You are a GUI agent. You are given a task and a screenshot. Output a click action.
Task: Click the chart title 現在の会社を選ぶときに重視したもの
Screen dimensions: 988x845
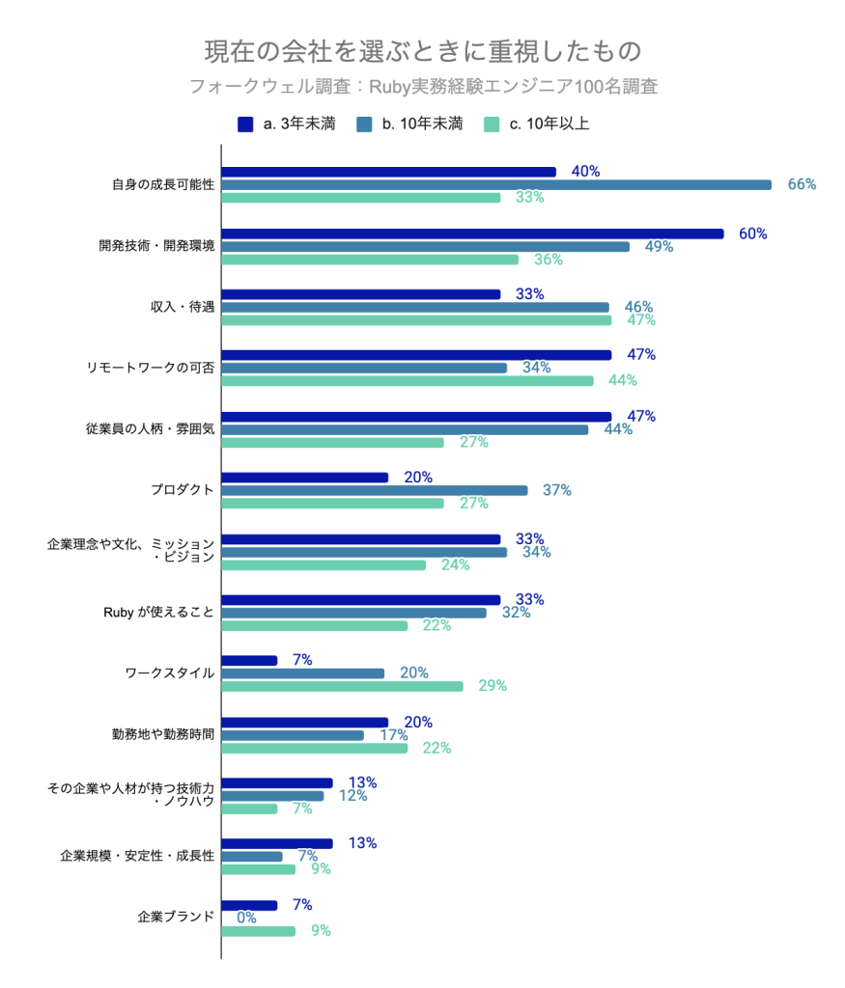click(422, 50)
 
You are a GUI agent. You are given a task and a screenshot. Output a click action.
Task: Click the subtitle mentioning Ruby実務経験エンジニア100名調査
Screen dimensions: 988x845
click(422, 87)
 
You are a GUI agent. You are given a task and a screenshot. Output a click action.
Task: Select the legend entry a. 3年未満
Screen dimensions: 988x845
click(287, 123)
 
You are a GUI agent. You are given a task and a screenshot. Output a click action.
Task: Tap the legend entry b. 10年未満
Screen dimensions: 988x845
click(409, 123)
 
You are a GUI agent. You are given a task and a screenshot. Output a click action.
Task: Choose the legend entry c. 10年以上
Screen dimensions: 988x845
click(536, 123)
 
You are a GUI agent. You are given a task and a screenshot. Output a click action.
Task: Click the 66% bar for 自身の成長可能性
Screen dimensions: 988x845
click(496, 184)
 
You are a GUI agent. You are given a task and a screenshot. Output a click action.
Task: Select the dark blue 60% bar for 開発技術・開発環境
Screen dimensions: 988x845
click(472, 233)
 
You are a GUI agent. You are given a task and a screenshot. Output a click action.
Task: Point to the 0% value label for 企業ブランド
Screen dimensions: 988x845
click(246, 918)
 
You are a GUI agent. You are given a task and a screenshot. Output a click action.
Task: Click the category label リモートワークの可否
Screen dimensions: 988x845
click(150, 368)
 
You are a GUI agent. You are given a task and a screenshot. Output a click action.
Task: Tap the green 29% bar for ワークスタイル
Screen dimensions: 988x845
click(342, 686)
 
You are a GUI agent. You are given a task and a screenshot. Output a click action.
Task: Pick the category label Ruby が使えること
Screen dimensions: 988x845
click(157, 613)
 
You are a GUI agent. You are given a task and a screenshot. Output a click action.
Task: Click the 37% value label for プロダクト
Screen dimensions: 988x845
click(556, 490)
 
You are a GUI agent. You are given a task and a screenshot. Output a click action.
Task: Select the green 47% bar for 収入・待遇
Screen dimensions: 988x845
click(416, 319)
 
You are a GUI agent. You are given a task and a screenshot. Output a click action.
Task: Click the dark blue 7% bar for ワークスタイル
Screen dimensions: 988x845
click(249, 660)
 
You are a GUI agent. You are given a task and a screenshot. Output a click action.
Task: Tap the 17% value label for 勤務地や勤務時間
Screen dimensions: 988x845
click(393, 734)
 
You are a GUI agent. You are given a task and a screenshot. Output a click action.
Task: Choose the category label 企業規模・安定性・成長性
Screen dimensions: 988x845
click(136, 856)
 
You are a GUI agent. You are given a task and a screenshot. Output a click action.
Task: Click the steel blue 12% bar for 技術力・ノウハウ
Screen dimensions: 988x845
click(272, 796)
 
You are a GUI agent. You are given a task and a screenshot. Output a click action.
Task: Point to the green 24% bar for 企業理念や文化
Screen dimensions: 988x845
click(324, 564)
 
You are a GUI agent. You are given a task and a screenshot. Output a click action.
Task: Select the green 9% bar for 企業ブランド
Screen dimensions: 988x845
click(258, 931)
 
